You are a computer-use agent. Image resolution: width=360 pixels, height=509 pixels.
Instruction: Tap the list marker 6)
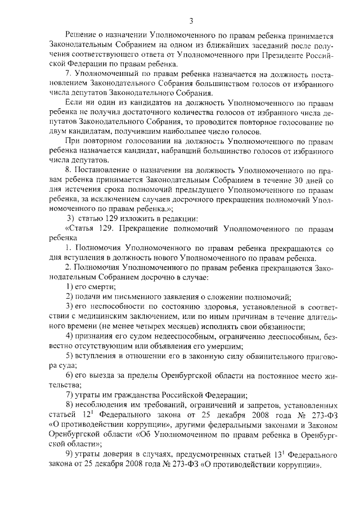click(70, 375)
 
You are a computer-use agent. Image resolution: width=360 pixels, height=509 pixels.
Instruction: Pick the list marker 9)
click(70, 454)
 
